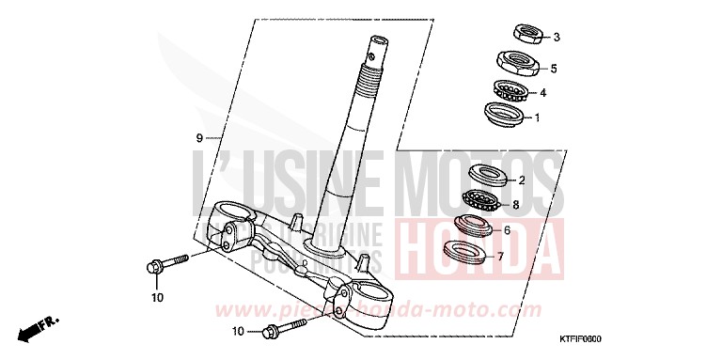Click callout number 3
point(557,38)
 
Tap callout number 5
point(555,69)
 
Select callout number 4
point(543,93)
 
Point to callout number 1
point(537,118)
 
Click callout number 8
point(516,204)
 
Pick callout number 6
point(507,229)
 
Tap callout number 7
point(500,255)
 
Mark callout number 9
point(200,137)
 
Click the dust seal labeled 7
point(469,252)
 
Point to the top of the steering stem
point(381,43)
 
